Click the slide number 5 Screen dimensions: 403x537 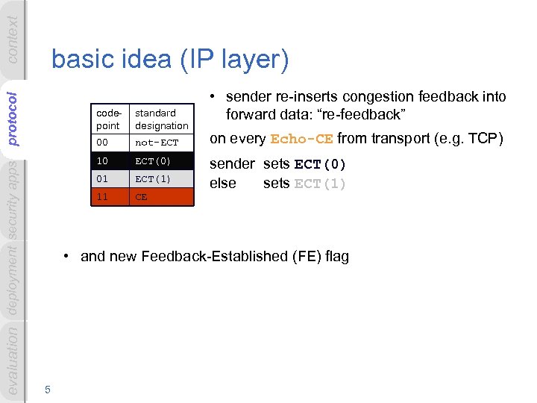(x=47, y=388)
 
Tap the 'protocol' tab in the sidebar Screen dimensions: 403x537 (x=13, y=117)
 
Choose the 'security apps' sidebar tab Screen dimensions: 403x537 (x=13, y=199)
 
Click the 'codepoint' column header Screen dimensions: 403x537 (x=109, y=119)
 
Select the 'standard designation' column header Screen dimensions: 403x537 (x=161, y=119)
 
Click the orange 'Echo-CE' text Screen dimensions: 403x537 (x=302, y=140)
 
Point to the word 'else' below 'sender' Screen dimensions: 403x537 (x=223, y=184)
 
